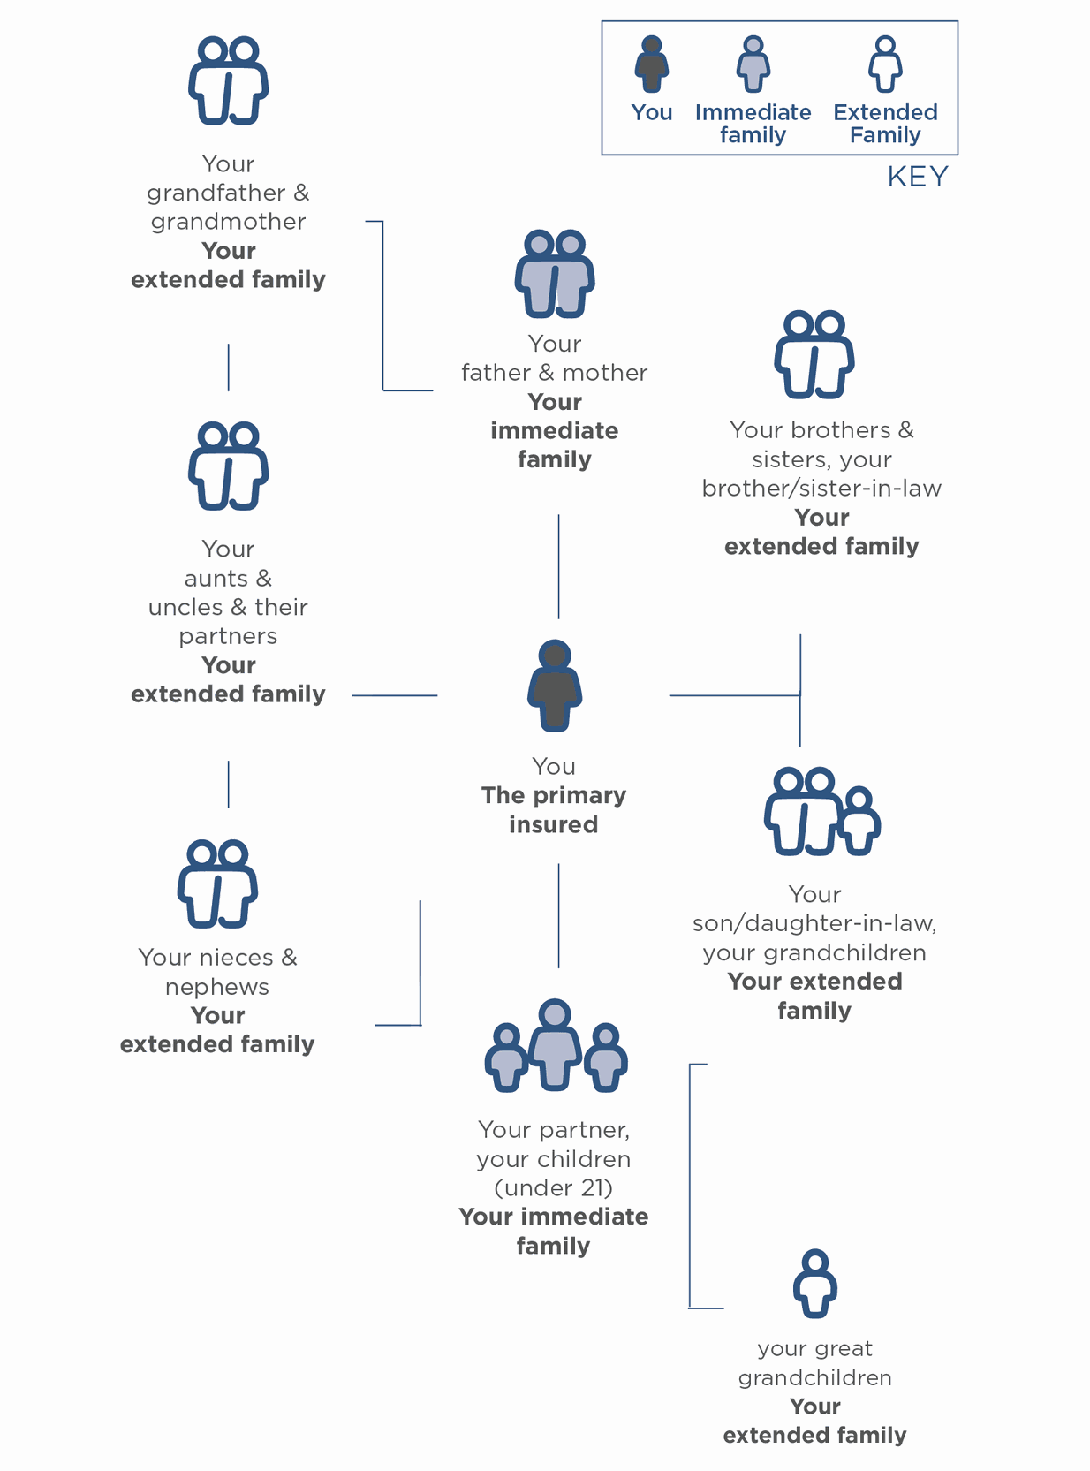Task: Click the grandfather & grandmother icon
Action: (x=228, y=80)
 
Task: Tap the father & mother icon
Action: (x=555, y=274)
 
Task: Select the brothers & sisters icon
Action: (x=814, y=354)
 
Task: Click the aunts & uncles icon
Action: (x=228, y=466)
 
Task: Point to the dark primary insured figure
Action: (x=555, y=686)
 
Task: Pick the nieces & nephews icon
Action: (x=217, y=883)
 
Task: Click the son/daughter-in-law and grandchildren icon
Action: (x=821, y=812)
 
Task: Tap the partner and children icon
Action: (x=556, y=1046)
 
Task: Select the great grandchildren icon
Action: (x=814, y=1284)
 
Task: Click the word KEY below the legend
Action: (x=918, y=178)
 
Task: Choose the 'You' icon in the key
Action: (x=652, y=64)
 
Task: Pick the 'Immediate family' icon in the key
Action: (x=753, y=64)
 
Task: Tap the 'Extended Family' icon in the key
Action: (x=885, y=64)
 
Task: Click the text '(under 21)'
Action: (x=554, y=1187)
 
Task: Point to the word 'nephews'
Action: (x=217, y=987)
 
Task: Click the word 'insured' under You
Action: (x=554, y=824)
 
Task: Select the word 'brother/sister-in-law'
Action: (x=821, y=489)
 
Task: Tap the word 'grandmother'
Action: (x=228, y=222)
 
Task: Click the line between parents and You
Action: (x=558, y=566)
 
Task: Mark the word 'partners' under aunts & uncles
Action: (x=228, y=636)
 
